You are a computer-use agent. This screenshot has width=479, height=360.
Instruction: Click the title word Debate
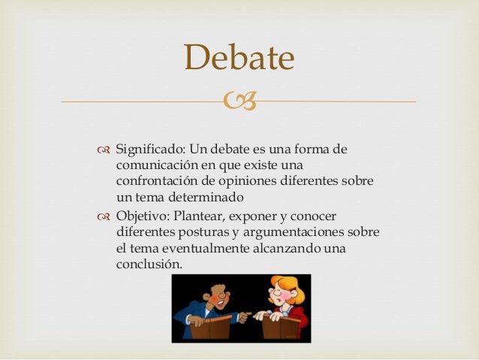[x=239, y=58]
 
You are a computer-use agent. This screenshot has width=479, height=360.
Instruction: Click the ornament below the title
[x=239, y=101]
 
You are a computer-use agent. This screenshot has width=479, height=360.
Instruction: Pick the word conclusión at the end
[x=149, y=265]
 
